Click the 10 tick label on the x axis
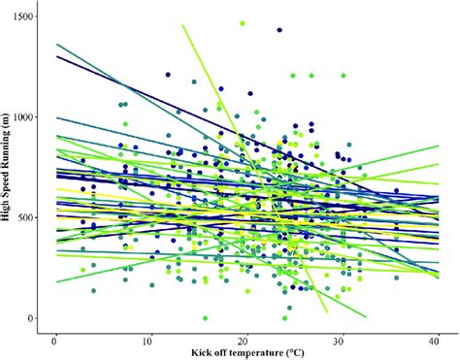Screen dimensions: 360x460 coord(149,342)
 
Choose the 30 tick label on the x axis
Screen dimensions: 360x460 coord(341,342)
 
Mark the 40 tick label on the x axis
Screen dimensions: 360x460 coord(436,342)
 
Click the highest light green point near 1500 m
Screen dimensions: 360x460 coord(242,22)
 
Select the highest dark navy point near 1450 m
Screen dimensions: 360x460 coord(279,30)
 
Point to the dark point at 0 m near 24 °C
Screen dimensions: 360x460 coord(285,317)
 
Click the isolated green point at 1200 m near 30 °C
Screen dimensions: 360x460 coord(343,75)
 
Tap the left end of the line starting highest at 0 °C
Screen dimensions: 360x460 coord(56,44)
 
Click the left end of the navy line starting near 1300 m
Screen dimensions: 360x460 coord(56,56)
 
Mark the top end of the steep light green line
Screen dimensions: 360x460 coord(181,24)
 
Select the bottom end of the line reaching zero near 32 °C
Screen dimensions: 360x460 coord(365,316)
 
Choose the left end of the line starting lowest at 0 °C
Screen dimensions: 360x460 coord(56,282)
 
